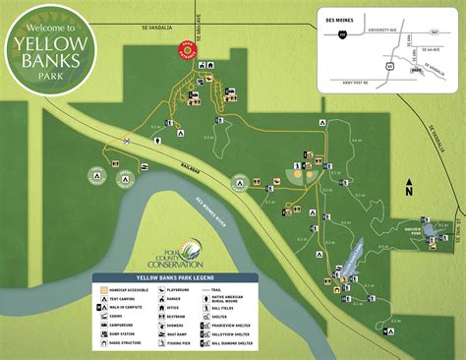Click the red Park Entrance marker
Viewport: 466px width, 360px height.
tap(186, 49)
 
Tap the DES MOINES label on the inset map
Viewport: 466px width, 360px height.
tap(346, 16)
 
